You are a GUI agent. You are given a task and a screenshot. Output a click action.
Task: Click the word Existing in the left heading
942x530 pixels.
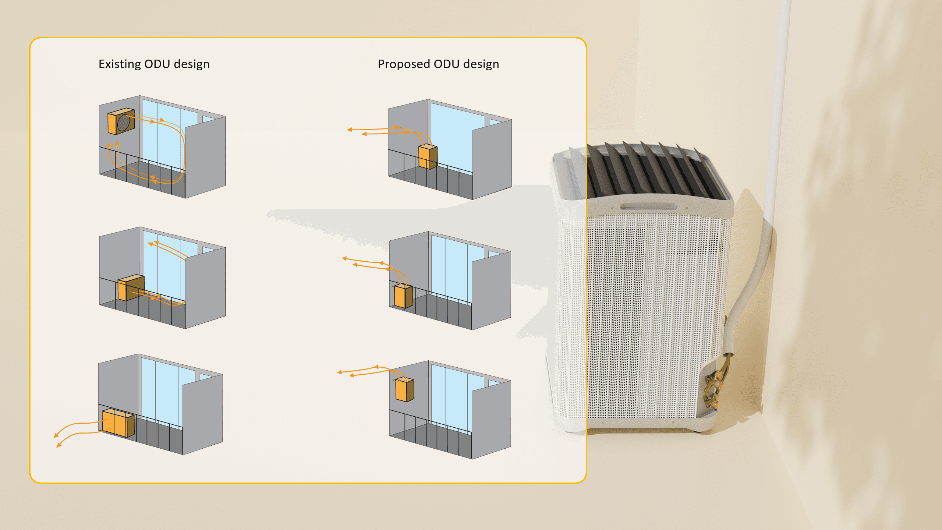pos(120,64)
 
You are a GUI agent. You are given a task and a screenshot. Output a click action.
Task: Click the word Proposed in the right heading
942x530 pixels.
pos(404,64)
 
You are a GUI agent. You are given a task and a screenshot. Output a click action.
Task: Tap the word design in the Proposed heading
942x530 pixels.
pos(481,64)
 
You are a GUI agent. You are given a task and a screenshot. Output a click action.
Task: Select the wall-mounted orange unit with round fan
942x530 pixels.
pos(120,121)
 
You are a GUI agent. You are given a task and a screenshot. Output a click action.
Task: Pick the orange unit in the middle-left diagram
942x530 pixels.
pos(130,287)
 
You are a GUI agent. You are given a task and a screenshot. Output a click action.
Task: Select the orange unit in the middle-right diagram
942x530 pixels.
pos(403,296)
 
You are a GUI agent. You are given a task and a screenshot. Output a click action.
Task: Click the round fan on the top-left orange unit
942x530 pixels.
pos(124,123)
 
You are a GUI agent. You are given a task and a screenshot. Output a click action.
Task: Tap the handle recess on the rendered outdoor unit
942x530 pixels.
pos(648,206)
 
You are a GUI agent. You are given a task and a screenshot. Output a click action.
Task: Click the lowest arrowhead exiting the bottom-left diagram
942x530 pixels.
pos(58,446)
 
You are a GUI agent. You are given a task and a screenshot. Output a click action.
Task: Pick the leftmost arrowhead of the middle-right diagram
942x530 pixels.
pos(344,258)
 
